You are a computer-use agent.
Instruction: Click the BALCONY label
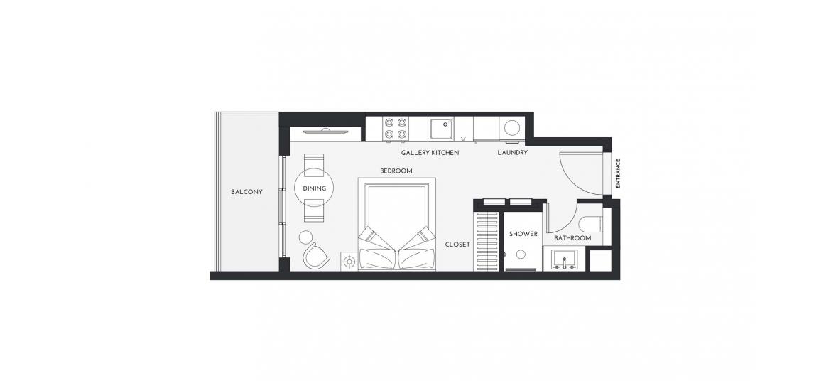pos(246,192)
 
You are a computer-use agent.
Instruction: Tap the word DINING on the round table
pos(314,188)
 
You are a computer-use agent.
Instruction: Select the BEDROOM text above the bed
pos(396,171)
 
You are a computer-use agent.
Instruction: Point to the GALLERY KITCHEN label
pos(430,153)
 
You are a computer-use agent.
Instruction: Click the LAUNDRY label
pos(512,153)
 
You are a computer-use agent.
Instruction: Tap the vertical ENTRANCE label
pos(618,173)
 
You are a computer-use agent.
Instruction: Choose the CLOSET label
pos(457,245)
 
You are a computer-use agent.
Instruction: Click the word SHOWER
pos(523,234)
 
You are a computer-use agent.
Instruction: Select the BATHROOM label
pos(572,238)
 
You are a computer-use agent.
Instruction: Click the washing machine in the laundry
pos(511,129)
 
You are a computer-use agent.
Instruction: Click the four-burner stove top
pos(396,128)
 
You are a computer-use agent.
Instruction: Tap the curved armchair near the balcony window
pos(315,256)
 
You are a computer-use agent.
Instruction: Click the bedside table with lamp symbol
pos(349,261)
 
